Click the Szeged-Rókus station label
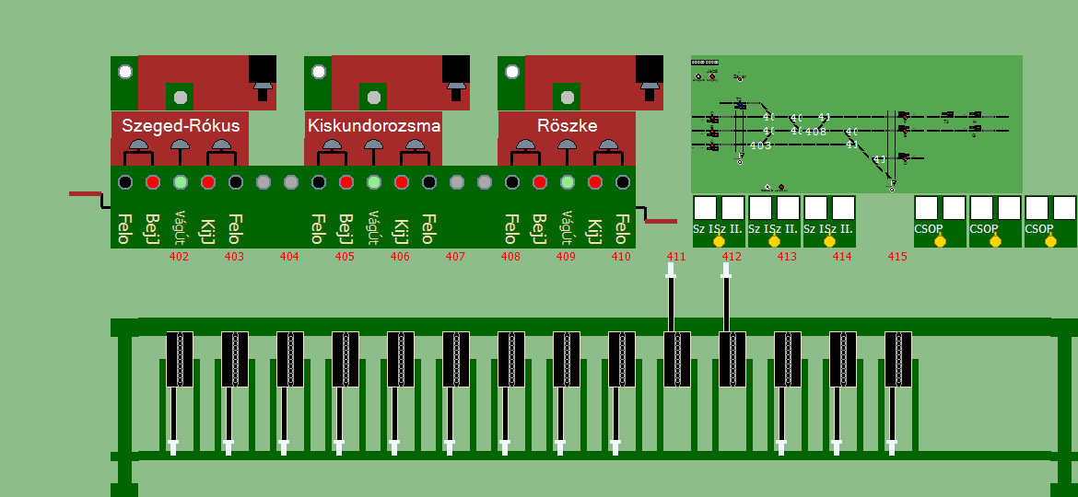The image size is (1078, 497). [x=181, y=126]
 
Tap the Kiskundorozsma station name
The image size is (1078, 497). [x=374, y=126]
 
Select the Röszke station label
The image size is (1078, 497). [x=567, y=126]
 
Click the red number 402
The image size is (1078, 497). [x=180, y=257]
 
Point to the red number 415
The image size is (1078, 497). [x=897, y=257]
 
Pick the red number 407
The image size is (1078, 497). [x=455, y=257]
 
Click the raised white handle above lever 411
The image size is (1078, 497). [x=671, y=270]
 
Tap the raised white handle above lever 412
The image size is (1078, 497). [x=726, y=270]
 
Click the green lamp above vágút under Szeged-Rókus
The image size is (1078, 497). [x=181, y=182]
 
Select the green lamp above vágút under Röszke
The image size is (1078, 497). [x=568, y=182]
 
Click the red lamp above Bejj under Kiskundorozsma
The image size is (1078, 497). [x=346, y=182]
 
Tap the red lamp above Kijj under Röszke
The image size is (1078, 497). [x=595, y=182]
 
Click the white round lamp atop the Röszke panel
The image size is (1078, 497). [x=512, y=72]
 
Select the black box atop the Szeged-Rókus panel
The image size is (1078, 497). [x=263, y=69]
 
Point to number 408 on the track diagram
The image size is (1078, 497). [x=815, y=132]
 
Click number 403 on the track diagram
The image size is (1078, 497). [x=760, y=145]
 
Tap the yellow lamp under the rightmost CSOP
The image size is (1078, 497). [x=1050, y=241]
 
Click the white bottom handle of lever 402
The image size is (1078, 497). [x=173, y=448]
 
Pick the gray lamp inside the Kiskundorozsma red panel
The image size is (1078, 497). [x=374, y=97]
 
